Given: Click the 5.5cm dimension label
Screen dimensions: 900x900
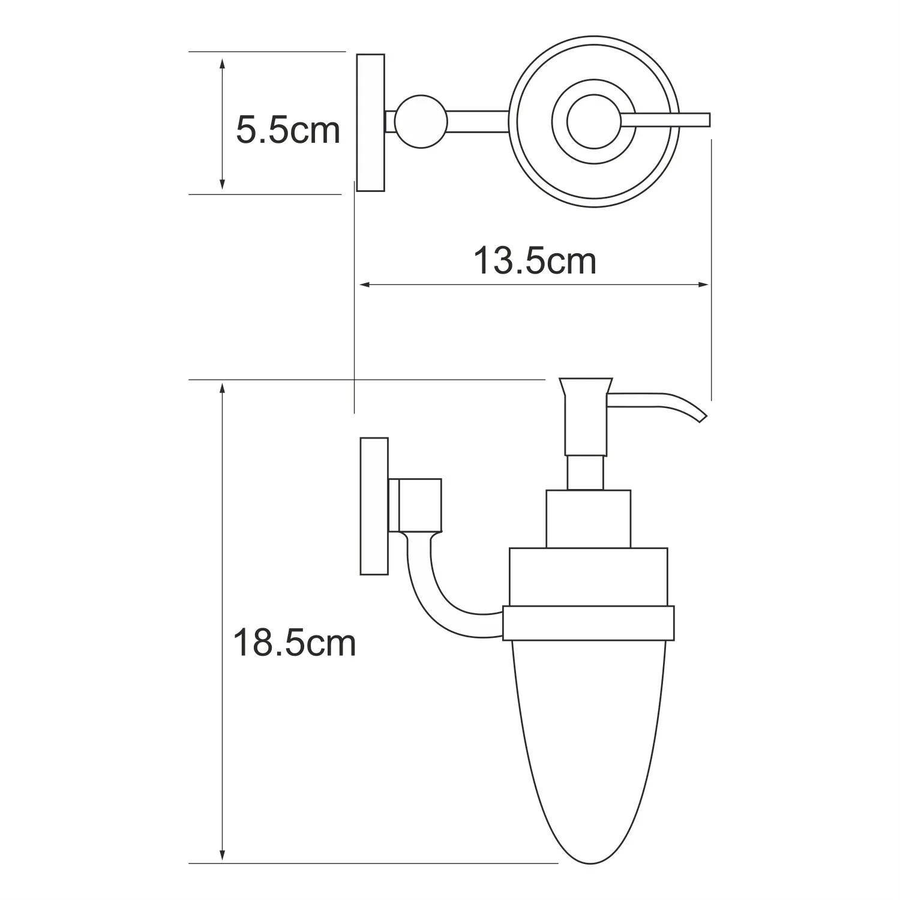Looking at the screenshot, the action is pyautogui.click(x=288, y=130).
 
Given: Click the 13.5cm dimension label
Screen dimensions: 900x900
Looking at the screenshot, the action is pyautogui.click(x=535, y=262).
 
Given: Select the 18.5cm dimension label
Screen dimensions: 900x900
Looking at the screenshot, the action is pyautogui.click(x=295, y=643).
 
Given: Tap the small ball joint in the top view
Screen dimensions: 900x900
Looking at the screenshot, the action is pyautogui.click(x=421, y=122).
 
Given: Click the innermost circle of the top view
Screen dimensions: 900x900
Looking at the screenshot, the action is pyautogui.click(x=595, y=121).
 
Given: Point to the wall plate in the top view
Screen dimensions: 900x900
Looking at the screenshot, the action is pyautogui.click(x=371, y=122).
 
